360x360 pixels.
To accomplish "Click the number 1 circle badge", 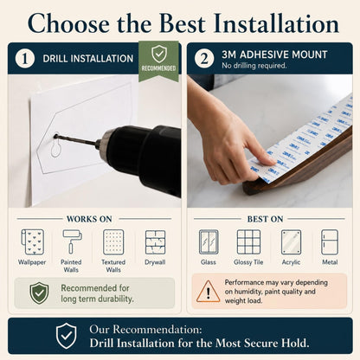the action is [25, 58].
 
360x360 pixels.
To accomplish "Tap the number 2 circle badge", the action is [204, 58].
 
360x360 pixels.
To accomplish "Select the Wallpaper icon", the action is [32, 242].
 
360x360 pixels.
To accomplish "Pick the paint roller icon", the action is [72, 241].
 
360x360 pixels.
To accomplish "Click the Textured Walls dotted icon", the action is [113, 242].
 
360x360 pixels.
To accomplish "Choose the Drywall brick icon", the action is [155, 242].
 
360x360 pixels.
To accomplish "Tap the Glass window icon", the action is [209, 242].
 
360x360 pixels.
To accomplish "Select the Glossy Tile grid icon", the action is [248, 242].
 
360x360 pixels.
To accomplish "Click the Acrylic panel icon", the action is [291, 242].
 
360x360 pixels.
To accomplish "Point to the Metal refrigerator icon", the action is [330, 242].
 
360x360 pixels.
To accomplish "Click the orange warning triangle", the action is [209, 292].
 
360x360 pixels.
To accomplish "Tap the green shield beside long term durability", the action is [39, 293].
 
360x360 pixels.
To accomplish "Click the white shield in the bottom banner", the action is [67, 336].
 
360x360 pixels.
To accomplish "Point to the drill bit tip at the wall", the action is [55, 136].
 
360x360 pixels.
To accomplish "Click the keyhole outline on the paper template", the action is [55, 146].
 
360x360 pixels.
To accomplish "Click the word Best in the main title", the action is [182, 23].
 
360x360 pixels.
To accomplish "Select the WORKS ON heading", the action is [89, 219].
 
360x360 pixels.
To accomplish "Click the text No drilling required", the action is [254, 66].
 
